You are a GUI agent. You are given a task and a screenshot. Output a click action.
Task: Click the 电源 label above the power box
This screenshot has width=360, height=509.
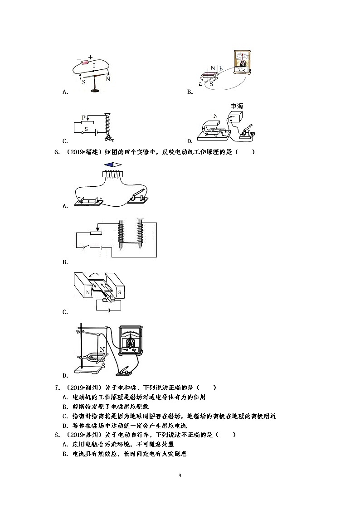[x=237, y=107]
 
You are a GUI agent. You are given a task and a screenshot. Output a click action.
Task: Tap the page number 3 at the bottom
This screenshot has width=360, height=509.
[x=180, y=475]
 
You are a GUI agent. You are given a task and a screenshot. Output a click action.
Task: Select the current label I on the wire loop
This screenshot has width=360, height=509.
[x=94, y=66]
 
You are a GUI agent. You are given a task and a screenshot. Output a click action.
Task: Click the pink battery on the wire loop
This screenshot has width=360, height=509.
[x=84, y=64]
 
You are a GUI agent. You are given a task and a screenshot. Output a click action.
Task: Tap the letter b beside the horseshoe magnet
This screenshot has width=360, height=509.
[x=221, y=69]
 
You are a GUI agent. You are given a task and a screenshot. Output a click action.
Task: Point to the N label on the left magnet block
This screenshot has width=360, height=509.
[x=88, y=293]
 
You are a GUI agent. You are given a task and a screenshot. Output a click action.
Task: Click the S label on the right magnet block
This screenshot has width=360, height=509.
[x=119, y=293]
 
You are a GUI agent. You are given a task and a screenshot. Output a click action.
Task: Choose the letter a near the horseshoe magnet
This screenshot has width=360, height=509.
[x=200, y=84]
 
